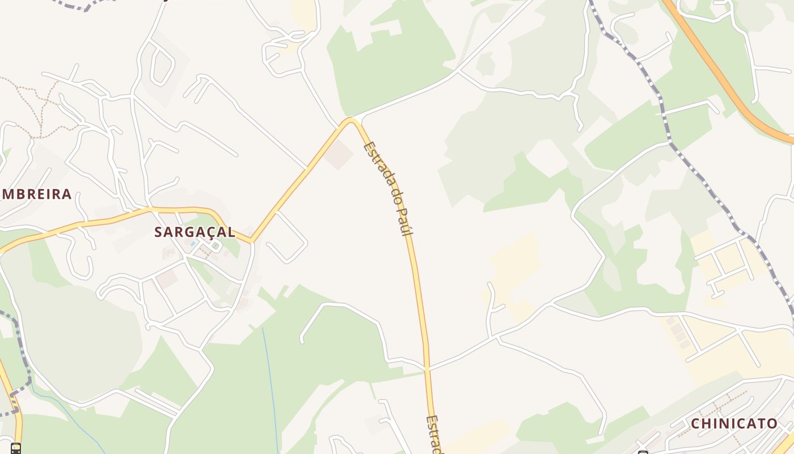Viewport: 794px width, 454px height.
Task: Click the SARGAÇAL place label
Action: (x=195, y=232)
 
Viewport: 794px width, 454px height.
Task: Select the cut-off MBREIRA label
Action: (x=36, y=195)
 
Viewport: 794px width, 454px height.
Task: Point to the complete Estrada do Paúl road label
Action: (x=388, y=188)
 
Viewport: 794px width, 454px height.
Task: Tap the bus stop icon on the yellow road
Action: (x=15, y=448)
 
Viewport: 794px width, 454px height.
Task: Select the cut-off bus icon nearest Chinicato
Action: (x=643, y=452)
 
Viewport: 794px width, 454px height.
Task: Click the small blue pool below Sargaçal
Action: (x=193, y=243)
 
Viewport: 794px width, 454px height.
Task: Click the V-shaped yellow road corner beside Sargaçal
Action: (x=251, y=241)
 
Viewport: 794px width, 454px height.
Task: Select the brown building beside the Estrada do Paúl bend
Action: (x=339, y=155)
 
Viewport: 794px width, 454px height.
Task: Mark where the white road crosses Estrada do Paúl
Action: (x=426, y=368)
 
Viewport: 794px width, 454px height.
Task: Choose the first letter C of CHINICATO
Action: (x=695, y=423)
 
